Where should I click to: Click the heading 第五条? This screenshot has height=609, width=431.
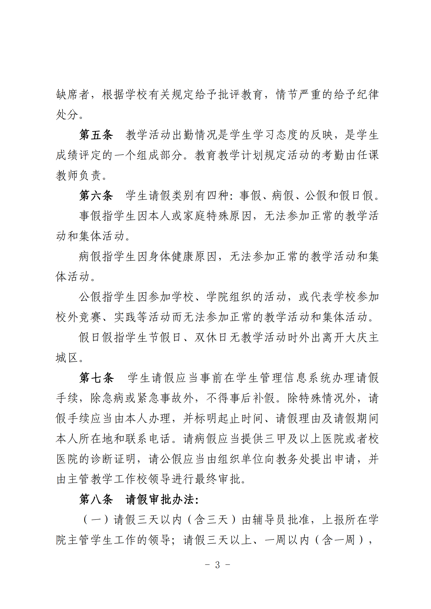(x=96, y=135)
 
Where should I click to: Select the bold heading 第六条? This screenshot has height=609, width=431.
(x=96, y=196)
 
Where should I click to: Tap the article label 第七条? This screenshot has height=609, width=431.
(x=96, y=378)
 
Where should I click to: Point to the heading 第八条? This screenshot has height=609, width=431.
(x=96, y=499)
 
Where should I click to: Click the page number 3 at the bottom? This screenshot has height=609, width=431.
(x=217, y=565)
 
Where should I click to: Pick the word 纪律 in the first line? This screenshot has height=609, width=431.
(x=368, y=95)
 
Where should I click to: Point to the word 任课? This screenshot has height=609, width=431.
(x=368, y=155)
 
